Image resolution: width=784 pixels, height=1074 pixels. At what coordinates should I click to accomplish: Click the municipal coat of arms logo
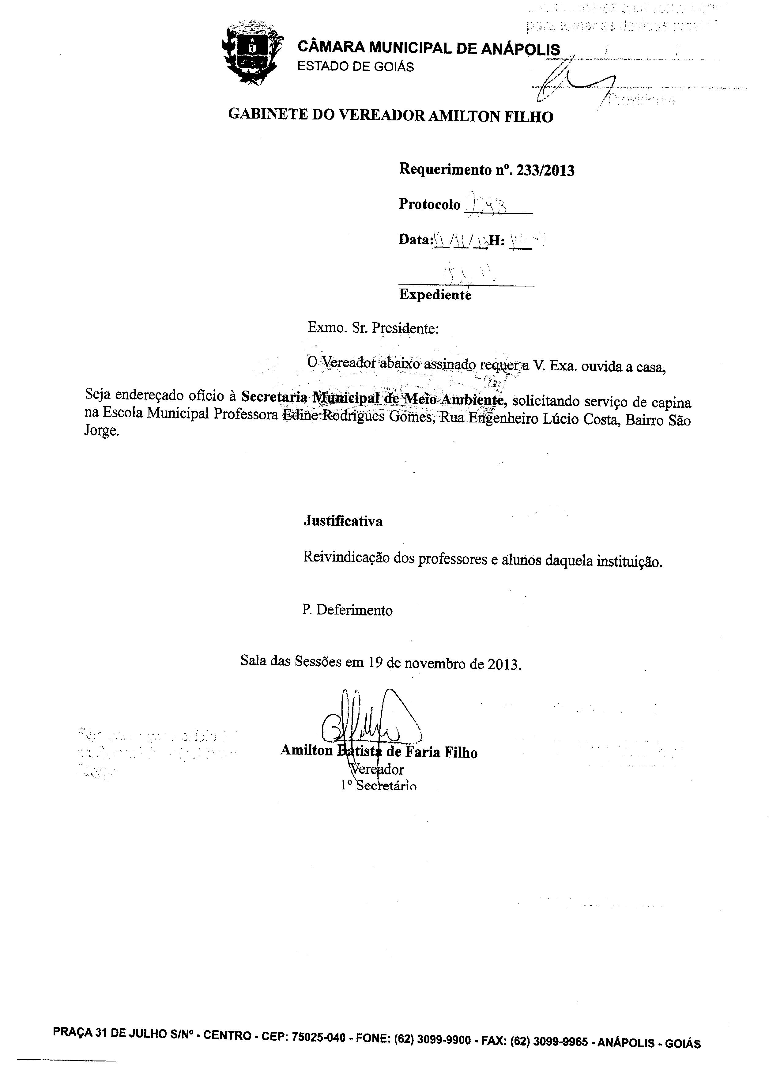(x=252, y=54)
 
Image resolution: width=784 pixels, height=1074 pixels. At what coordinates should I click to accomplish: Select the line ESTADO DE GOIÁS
(x=356, y=66)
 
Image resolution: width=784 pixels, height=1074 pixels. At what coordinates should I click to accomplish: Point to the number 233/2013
(x=545, y=170)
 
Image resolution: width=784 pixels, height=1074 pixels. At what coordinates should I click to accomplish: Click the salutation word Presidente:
(x=405, y=328)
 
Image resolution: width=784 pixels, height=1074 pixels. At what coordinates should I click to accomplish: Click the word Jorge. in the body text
(x=102, y=432)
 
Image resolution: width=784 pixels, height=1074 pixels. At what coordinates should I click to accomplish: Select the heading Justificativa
(x=343, y=521)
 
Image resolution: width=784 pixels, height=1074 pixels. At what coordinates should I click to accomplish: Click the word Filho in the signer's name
(x=460, y=752)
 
